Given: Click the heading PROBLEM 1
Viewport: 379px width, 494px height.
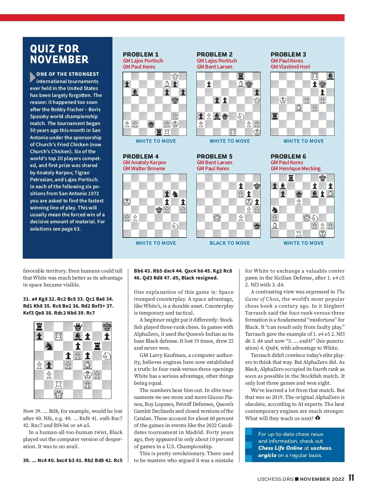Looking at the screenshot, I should tap(141, 54).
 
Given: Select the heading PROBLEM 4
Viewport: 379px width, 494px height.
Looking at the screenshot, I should tap(141, 156).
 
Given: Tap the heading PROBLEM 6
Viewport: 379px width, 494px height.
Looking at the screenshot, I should tap(288, 156).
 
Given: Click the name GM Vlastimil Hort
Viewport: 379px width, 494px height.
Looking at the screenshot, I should tap(290, 67).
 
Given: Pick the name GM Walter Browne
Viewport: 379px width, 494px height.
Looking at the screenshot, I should tap(144, 168).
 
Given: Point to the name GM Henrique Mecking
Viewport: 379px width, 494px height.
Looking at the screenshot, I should tap(295, 168).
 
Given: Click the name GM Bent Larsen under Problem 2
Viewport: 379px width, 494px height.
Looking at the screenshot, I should tap(214, 67).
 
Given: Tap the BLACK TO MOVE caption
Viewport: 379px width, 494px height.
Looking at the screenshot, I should tap(230, 243).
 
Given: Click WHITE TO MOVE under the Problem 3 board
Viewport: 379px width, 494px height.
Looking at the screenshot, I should tap(304, 141).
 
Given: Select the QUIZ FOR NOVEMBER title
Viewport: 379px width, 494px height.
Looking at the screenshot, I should tap(59, 54).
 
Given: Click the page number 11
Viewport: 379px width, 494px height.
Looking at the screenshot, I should tap(351, 478).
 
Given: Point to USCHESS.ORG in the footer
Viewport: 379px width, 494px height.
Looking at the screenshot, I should tap(275, 479).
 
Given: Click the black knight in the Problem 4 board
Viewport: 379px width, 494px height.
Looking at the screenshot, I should tap(175, 194).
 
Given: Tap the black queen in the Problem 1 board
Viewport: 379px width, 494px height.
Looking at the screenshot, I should tap(151, 124).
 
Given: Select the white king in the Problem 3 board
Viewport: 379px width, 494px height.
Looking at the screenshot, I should tap(283, 100).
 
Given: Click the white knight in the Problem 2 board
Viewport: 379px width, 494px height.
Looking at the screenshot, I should tap(241, 116).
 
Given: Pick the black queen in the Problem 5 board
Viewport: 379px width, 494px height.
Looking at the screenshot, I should tap(257, 226).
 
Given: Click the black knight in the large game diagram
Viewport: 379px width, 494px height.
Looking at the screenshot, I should tap(49, 346).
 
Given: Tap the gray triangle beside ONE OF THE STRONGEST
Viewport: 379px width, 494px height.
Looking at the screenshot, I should tap(32, 77).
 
